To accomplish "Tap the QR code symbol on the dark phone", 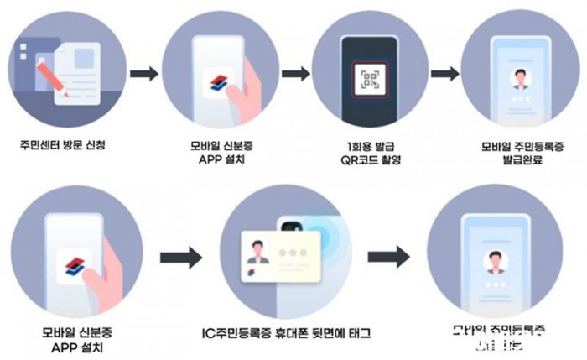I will pyautogui.click(x=371, y=79).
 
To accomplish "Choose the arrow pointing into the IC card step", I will pyautogui.click(x=180, y=257).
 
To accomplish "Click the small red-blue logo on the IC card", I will pyautogui.click(x=253, y=274).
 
